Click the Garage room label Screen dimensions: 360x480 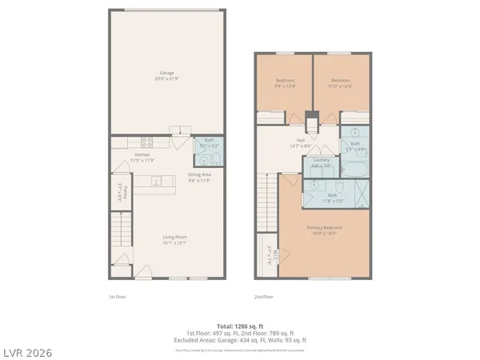pos(168,76)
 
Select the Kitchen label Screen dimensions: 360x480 pos(143,157)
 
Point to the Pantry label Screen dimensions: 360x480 pos(118,194)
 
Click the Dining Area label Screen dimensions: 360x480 pos(199,177)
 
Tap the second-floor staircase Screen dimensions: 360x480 pos(266,205)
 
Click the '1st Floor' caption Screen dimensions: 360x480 pos(117,297)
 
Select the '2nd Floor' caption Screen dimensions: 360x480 pos(263,297)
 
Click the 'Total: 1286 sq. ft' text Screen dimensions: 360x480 pos(239,327)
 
